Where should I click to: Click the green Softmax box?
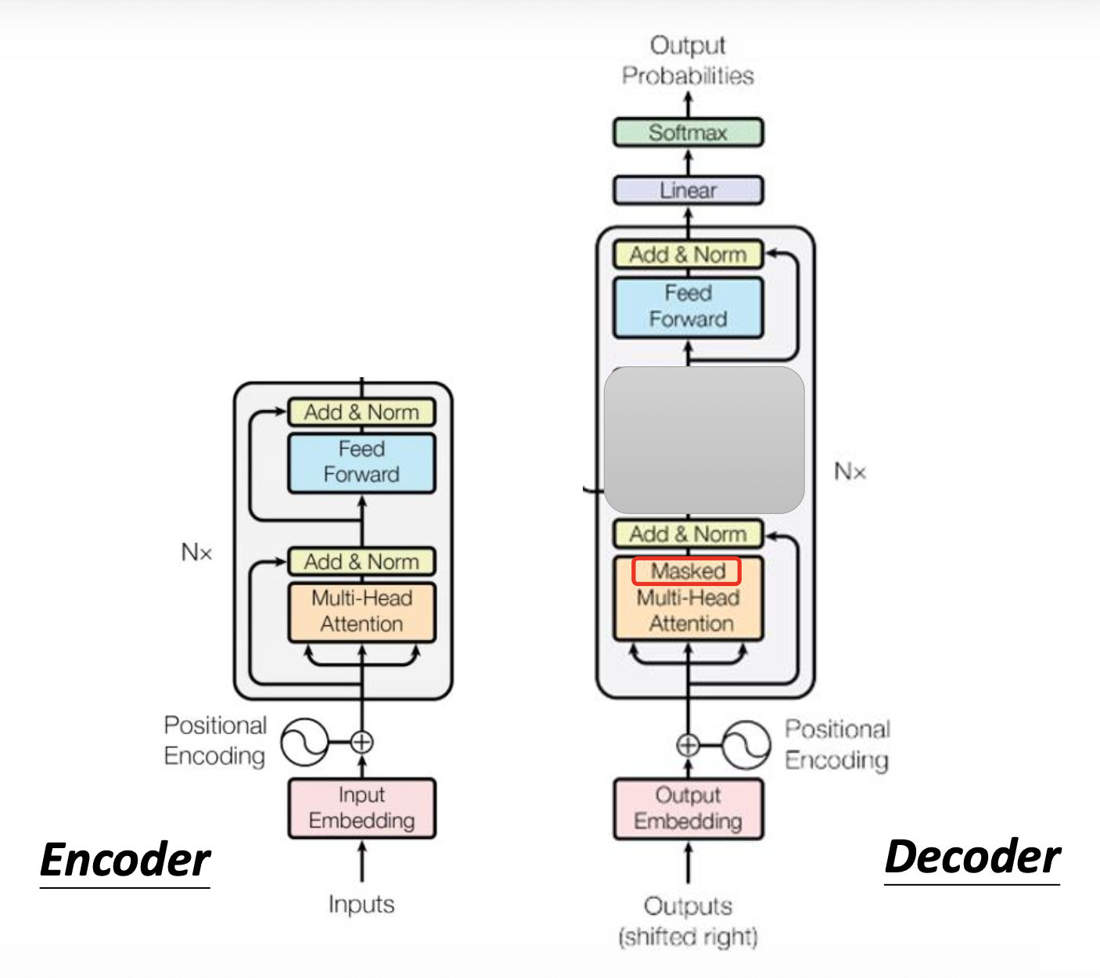tap(688, 132)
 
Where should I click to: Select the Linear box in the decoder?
tap(688, 190)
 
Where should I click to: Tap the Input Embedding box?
tap(361, 808)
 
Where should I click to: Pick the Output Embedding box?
tap(688, 808)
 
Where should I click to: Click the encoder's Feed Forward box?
tap(361, 462)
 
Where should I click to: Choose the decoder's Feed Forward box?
tap(688, 307)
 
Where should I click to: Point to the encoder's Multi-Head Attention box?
tap(361, 612)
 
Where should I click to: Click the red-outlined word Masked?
tap(687, 571)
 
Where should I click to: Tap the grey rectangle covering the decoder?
tap(704, 440)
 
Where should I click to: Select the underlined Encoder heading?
tap(125, 860)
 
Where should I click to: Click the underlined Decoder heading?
tap(972, 857)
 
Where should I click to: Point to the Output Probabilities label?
tap(688, 60)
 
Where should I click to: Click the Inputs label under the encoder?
tap(361, 904)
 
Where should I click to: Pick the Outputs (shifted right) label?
tap(688, 921)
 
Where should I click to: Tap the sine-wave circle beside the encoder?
tap(304, 742)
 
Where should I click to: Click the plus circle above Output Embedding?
tap(688, 745)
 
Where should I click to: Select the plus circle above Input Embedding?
tap(361, 742)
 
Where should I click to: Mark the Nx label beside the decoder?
tap(850, 472)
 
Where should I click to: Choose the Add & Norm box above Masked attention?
tap(688, 534)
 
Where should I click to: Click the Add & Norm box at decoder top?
tap(688, 255)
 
